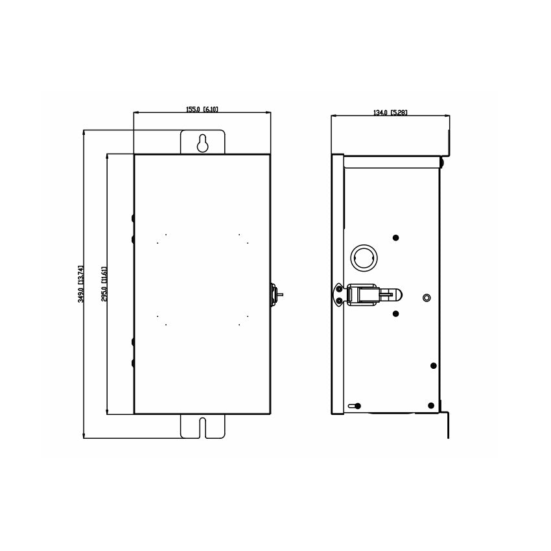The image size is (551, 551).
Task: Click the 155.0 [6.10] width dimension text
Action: (202, 110)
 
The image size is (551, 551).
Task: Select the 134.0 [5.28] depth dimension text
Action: (390, 112)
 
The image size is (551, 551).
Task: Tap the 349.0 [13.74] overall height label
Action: (81, 284)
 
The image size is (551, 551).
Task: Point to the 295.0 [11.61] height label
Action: (104, 284)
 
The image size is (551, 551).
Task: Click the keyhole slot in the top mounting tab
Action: (202, 143)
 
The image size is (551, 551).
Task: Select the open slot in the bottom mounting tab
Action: (202, 428)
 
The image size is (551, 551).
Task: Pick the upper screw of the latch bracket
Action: (339, 289)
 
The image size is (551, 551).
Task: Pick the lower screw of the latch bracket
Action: (339, 301)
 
